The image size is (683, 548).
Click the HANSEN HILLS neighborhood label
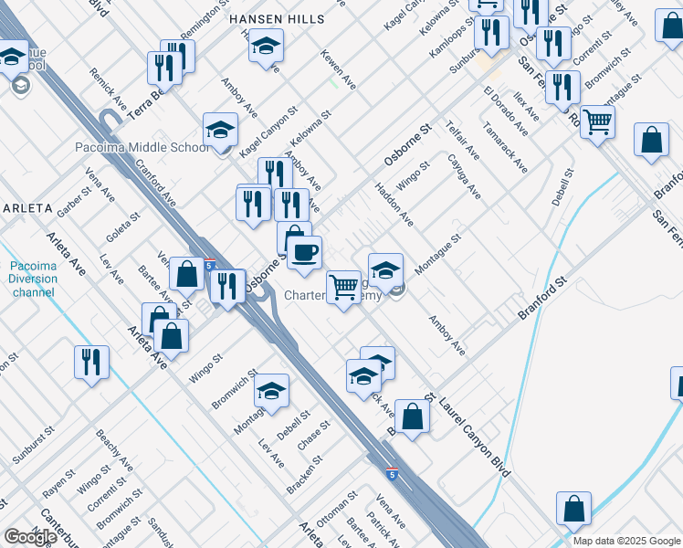point(276,18)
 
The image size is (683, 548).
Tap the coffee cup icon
point(305,250)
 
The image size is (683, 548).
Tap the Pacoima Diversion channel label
point(33,279)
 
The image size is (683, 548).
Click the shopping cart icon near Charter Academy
point(343,287)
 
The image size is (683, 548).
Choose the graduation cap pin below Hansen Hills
point(266,45)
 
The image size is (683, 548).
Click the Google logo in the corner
point(30,537)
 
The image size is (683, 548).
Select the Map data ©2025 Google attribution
point(626,541)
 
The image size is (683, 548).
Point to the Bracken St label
point(304,473)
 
